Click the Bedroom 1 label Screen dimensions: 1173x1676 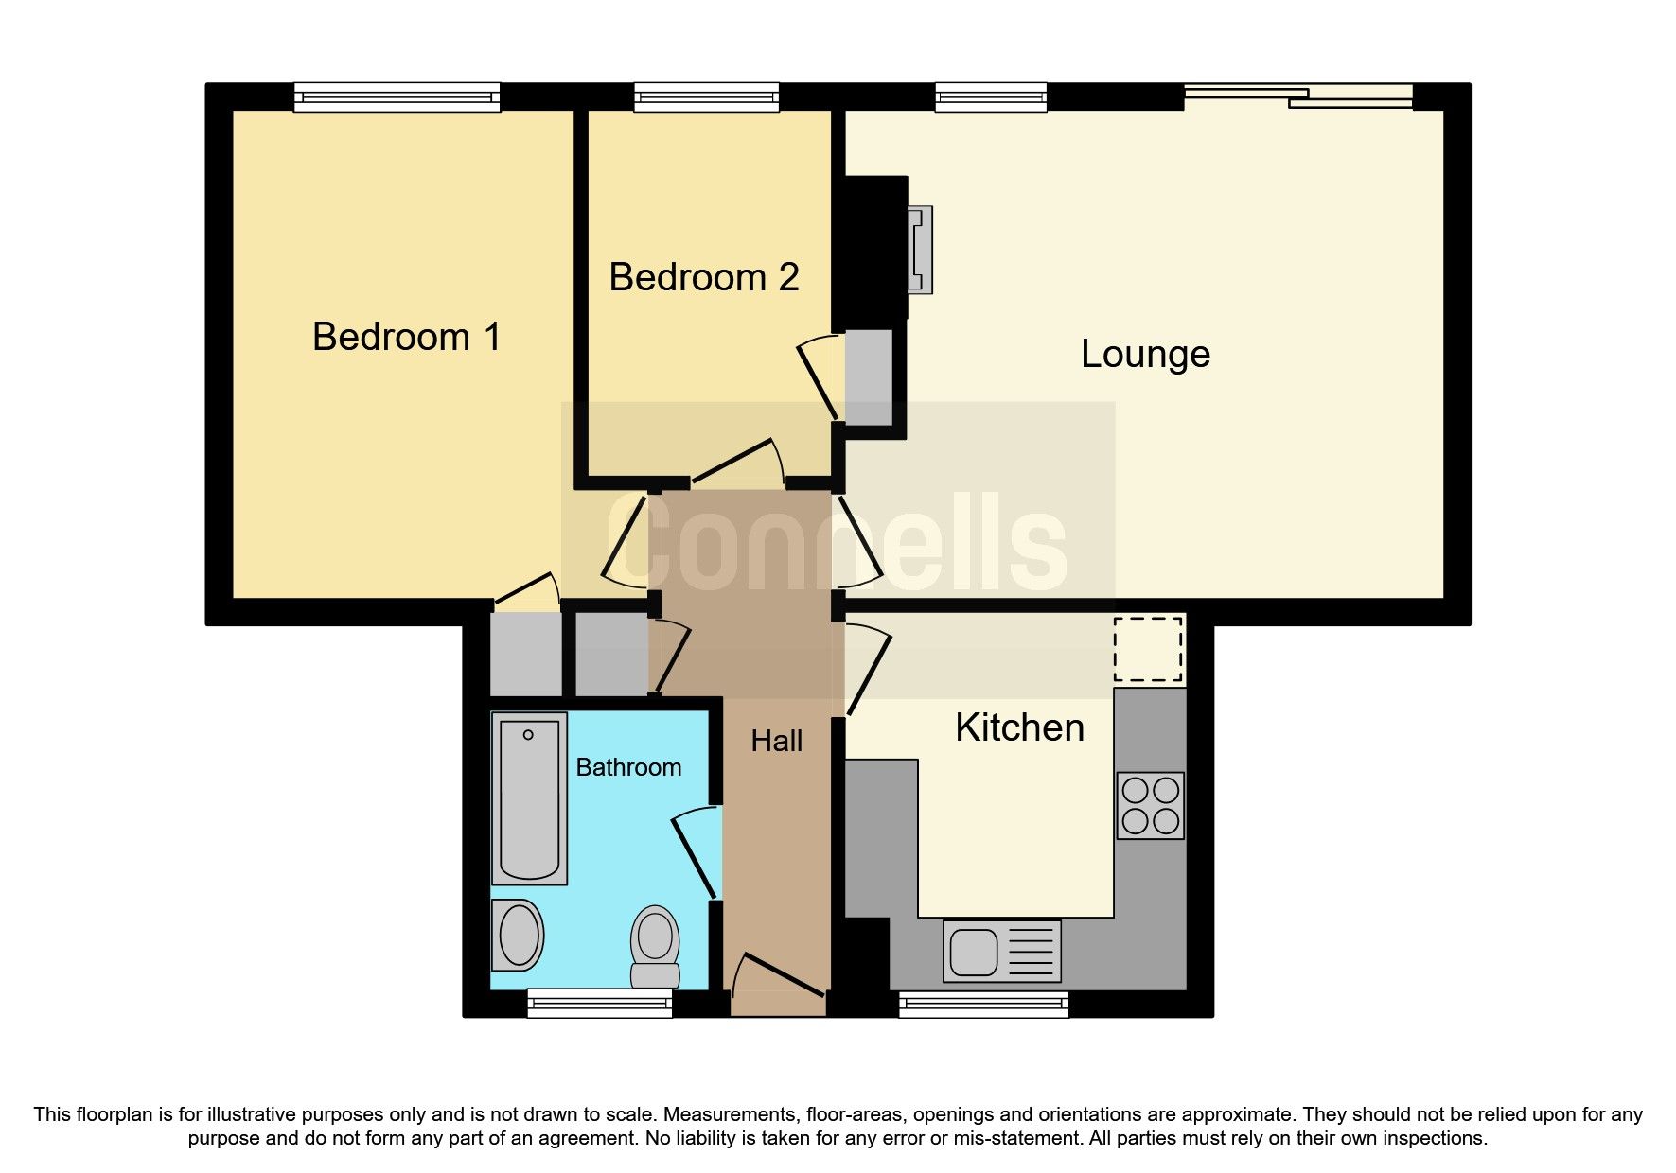406,338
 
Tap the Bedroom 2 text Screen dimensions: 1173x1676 703,278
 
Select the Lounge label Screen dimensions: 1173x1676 1145,355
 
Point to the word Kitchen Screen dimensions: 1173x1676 1019,728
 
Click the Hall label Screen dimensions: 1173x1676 776,742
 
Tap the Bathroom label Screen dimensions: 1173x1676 628,767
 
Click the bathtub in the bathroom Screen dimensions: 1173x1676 529,798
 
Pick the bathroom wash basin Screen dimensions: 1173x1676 518,935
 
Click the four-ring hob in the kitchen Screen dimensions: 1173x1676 1150,805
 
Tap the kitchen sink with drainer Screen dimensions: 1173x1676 1001,951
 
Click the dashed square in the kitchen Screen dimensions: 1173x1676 1148,649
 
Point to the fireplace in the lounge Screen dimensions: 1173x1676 919,250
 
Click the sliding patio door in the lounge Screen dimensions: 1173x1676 1298,96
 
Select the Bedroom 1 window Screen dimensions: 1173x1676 397,96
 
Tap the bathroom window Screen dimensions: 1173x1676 599,1003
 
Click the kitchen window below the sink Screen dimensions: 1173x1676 983,1004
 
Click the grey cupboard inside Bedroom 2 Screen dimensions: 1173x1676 869,377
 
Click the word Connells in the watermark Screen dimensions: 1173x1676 838,542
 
